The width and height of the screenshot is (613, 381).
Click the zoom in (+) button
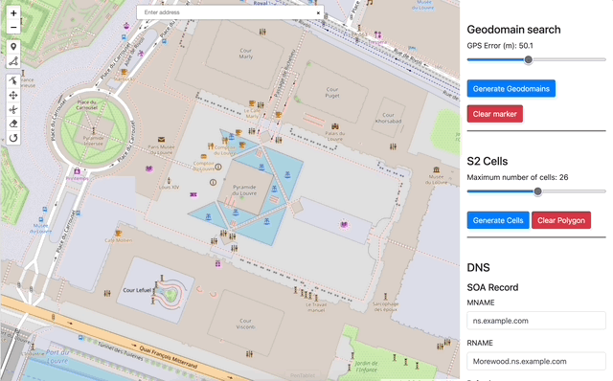pyautogui.click(x=13, y=13)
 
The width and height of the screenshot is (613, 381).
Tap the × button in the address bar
pyautogui.click(x=318, y=12)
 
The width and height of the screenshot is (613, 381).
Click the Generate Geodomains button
pyautogui.click(x=511, y=88)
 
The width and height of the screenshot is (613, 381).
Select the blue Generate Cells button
pyautogui.click(x=497, y=220)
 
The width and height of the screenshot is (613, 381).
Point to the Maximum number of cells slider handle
pyautogui.click(x=537, y=191)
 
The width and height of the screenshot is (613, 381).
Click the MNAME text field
pyautogui.click(x=536, y=321)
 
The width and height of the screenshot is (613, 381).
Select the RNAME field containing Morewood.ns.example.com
pyautogui.click(x=536, y=361)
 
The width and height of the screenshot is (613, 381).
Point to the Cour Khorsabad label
pyautogui.click(x=388, y=120)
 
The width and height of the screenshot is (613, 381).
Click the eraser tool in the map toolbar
pyautogui.click(x=13, y=123)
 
